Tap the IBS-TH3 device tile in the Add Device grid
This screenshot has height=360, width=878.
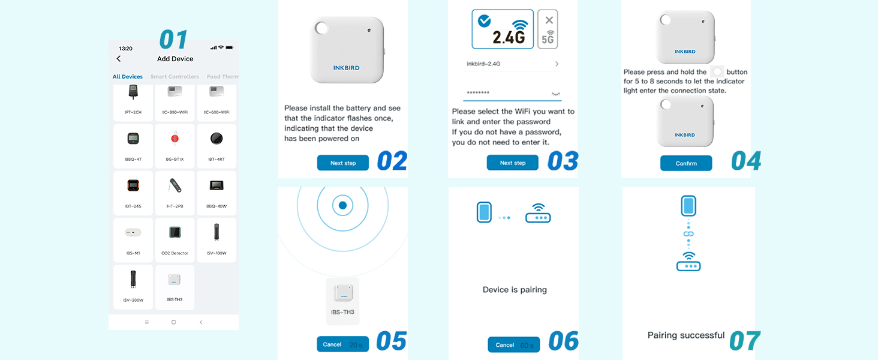pyautogui.click(x=175, y=287)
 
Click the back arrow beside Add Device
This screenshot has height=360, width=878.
pyautogui.click(x=119, y=59)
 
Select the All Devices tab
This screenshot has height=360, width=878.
pyautogui.click(x=128, y=77)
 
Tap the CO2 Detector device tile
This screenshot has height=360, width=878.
pyautogui.click(x=175, y=240)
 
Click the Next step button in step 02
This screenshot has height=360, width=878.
pyautogui.click(x=343, y=163)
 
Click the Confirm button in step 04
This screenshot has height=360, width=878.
pyautogui.click(x=686, y=163)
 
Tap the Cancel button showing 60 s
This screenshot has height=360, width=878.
pyautogui.click(x=513, y=344)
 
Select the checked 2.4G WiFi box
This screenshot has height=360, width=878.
pyautogui.click(x=503, y=29)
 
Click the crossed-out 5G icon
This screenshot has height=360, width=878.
pyautogui.click(x=548, y=29)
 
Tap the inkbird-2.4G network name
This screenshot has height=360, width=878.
pyautogui.click(x=487, y=64)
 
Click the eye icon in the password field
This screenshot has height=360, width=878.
pyautogui.click(x=555, y=94)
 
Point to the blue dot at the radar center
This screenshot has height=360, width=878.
pyautogui.click(x=342, y=205)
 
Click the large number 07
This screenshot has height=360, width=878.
pyautogui.click(x=745, y=340)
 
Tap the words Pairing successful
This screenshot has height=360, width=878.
pyautogui.click(x=686, y=335)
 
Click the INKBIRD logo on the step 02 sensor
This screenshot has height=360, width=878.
pyautogui.click(x=347, y=68)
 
